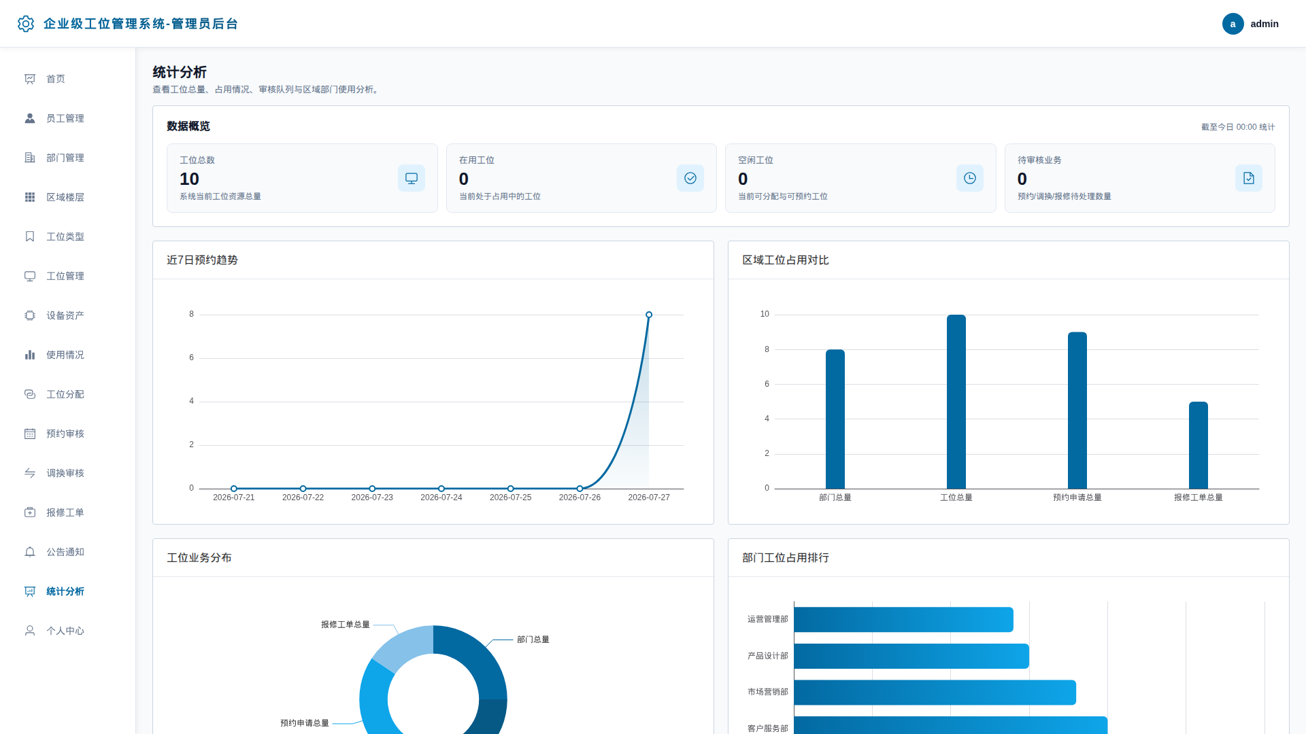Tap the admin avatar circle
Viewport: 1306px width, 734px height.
(x=1233, y=24)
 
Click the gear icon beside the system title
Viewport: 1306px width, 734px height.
(x=26, y=24)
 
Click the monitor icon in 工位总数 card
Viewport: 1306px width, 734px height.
(x=412, y=178)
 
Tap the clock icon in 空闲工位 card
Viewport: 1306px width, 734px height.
(x=970, y=178)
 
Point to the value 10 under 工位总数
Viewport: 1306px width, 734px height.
(x=189, y=179)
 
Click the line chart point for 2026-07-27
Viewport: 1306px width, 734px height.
(x=649, y=315)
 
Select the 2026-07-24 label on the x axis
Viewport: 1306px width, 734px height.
(x=441, y=497)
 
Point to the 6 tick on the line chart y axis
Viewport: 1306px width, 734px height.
(x=192, y=357)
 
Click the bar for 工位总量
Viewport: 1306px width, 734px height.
(x=956, y=402)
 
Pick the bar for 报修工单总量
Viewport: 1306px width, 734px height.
(x=1199, y=445)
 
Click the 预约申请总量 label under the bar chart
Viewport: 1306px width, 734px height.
(x=1077, y=497)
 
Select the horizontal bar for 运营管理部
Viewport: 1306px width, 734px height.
(x=903, y=620)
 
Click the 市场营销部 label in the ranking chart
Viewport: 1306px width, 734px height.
(x=768, y=692)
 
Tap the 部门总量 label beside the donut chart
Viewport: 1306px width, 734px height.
(x=533, y=640)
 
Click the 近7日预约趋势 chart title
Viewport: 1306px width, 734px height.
(x=202, y=260)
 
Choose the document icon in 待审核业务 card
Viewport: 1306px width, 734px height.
(x=1249, y=178)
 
